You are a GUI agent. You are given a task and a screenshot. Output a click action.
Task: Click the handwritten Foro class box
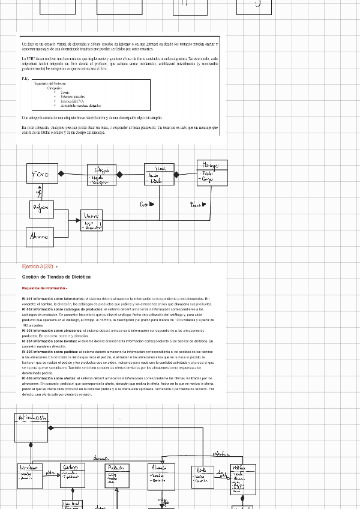(x=41, y=175)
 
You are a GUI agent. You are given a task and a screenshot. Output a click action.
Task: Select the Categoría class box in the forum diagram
(x=101, y=175)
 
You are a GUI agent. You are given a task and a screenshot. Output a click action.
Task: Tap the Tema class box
(x=159, y=175)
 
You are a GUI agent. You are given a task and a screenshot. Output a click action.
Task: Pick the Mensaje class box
(x=212, y=173)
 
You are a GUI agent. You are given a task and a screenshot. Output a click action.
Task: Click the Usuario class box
(x=91, y=220)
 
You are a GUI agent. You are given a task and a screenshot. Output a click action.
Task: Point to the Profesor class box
(x=41, y=209)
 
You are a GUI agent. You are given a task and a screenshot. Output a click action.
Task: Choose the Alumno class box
(x=40, y=237)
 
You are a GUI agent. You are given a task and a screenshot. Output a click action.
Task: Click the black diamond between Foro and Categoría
(x=61, y=174)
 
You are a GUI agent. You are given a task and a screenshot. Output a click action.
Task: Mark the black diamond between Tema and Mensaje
(x=176, y=175)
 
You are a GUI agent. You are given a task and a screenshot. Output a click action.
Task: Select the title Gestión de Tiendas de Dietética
(x=56, y=277)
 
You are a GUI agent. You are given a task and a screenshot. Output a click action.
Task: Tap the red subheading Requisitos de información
(x=44, y=289)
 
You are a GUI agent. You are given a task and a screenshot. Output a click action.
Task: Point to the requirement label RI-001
(x=28, y=299)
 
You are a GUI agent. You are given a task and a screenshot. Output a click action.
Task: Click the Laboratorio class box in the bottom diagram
(x=29, y=474)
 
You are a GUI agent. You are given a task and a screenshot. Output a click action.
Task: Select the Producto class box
(x=116, y=475)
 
